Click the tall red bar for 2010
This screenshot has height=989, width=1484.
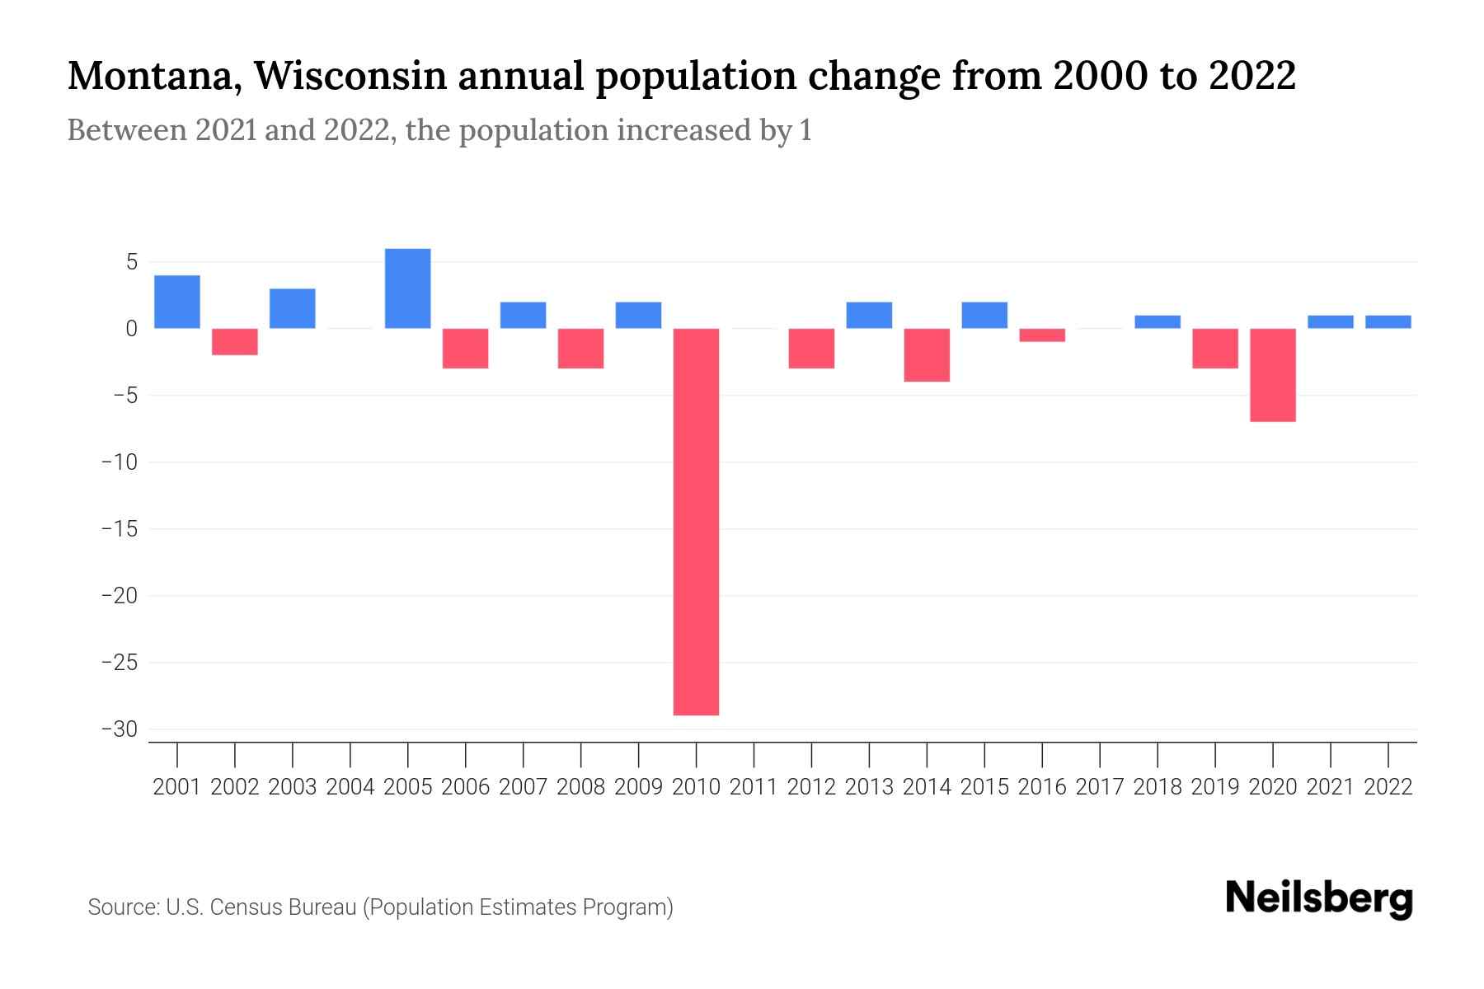(696, 521)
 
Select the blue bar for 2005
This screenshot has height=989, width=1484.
(408, 288)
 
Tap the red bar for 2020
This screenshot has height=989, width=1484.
(1273, 375)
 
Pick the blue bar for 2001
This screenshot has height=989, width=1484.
(177, 302)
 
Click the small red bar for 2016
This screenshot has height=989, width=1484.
(1042, 335)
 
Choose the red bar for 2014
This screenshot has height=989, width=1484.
(927, 354)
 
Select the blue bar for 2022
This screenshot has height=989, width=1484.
(1388, 322)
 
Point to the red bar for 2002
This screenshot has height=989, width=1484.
(235, 341)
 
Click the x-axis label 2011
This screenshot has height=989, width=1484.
(754, 787)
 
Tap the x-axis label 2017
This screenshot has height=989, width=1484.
(1100, 787)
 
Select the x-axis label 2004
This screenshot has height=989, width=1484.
(350, 787)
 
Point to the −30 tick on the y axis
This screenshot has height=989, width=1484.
(120, 729)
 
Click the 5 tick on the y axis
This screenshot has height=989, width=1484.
(131, 262)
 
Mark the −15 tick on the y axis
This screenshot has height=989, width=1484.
(120, 529)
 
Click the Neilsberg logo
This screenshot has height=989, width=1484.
(1319, 898)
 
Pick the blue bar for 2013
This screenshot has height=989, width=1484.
(869, 315)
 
